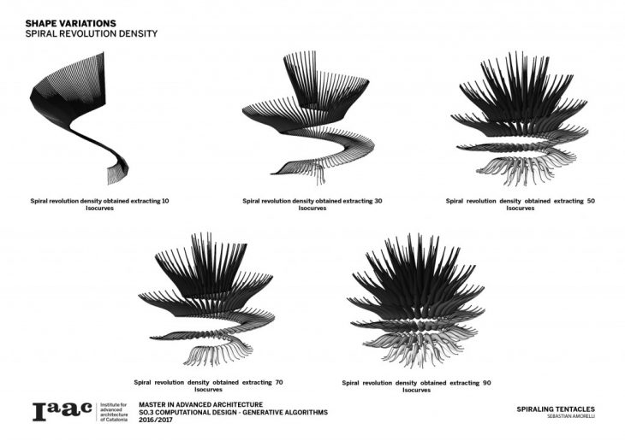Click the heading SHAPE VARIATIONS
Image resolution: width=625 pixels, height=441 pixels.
[x=70, y=23]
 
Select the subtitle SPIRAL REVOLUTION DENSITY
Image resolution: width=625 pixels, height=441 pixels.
[x=92, y=34]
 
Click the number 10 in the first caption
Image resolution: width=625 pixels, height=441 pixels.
[x=165, y=202]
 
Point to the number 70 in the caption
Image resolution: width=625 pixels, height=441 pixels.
[x=279, y=381]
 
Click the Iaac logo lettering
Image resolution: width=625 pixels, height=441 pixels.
[x=62, y=412]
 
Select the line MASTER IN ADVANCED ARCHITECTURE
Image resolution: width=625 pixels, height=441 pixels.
[x=200, y=403]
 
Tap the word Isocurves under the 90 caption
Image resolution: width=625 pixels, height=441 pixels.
[x=416, y=390]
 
